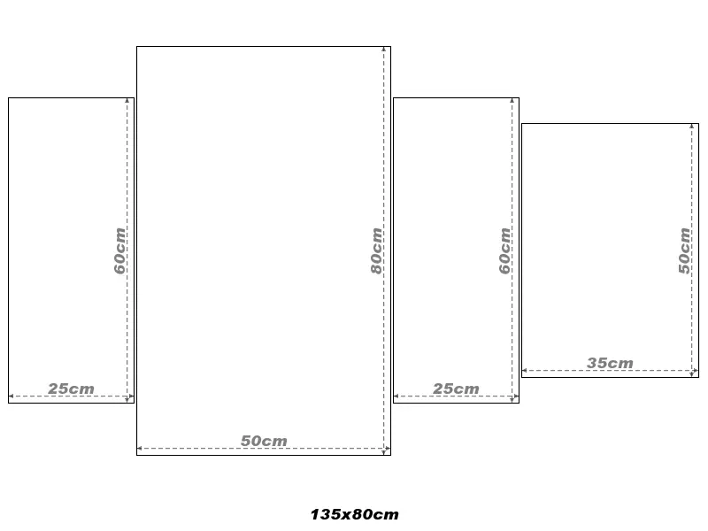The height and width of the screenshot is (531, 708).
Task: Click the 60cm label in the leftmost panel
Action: pyautogui.click(x=119, y=250)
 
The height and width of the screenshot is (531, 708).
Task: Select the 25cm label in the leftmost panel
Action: pyautogui.click(x=72, y=389)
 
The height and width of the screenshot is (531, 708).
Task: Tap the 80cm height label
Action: pyautogui.click(x=377, y=250)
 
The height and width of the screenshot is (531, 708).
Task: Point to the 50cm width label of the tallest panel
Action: pyautogui.click(x=264, y=441)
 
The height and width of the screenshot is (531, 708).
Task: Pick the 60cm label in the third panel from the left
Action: pyautogui.click(x=504, y=250)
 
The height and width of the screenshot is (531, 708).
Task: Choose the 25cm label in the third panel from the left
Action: pyautogui.click(x=456, y=389)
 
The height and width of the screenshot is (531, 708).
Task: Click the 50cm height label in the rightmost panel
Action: pyautogui.click(x=684, y=250)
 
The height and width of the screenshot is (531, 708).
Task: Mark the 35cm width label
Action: pyautogui.click(x=610, y=363)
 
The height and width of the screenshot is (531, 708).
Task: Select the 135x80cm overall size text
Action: pyautogui.click(x=355, y=514)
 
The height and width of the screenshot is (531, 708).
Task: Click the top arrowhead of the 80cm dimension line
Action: pyautogui.click(x=384, y=49)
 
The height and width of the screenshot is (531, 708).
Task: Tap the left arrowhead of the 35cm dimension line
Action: pyautogui.click(x=525, y=371)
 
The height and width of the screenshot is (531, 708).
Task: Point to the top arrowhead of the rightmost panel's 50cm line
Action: pyautogui.click(x=692, y=126)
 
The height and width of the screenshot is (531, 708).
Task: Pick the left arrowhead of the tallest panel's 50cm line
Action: pyautogui.click(x=140, y=449)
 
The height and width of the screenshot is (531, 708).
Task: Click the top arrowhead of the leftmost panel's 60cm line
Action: pyautogui.click(x=127, y=100)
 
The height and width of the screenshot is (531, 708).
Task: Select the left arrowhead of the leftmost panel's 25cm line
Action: pyautogui.click(x=12, y=396)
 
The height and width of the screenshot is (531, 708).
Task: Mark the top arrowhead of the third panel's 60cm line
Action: pyautogui.click(x=512, y=100)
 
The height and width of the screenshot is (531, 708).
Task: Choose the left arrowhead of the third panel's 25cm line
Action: pyautogui.click(x=396, y=396)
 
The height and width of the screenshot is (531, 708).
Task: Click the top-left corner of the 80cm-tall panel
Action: pyautogui.click(x=137, y=47)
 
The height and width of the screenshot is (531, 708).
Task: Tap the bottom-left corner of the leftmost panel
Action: pyautogui.click(x=9, y=403)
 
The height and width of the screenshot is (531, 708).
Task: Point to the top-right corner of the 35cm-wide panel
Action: pyautogui.click(x=698, y=123)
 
